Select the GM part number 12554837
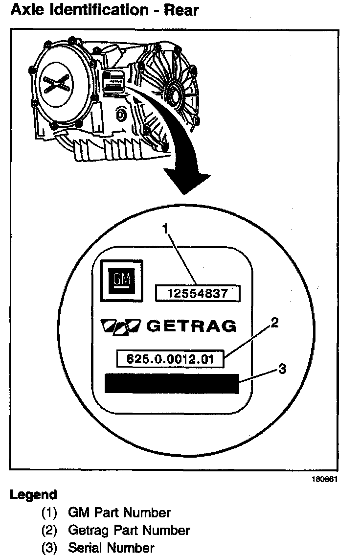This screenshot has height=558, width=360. coord(198,294)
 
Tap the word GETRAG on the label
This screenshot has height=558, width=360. coord(191,326)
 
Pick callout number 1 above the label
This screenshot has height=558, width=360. coord(165,229)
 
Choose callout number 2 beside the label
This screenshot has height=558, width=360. coord(274,323)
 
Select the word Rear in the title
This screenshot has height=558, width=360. coord(181,10)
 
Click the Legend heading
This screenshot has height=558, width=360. coord(33,495)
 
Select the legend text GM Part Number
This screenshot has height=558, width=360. coord(119,513)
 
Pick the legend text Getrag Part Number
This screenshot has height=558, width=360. coord(129,530)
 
